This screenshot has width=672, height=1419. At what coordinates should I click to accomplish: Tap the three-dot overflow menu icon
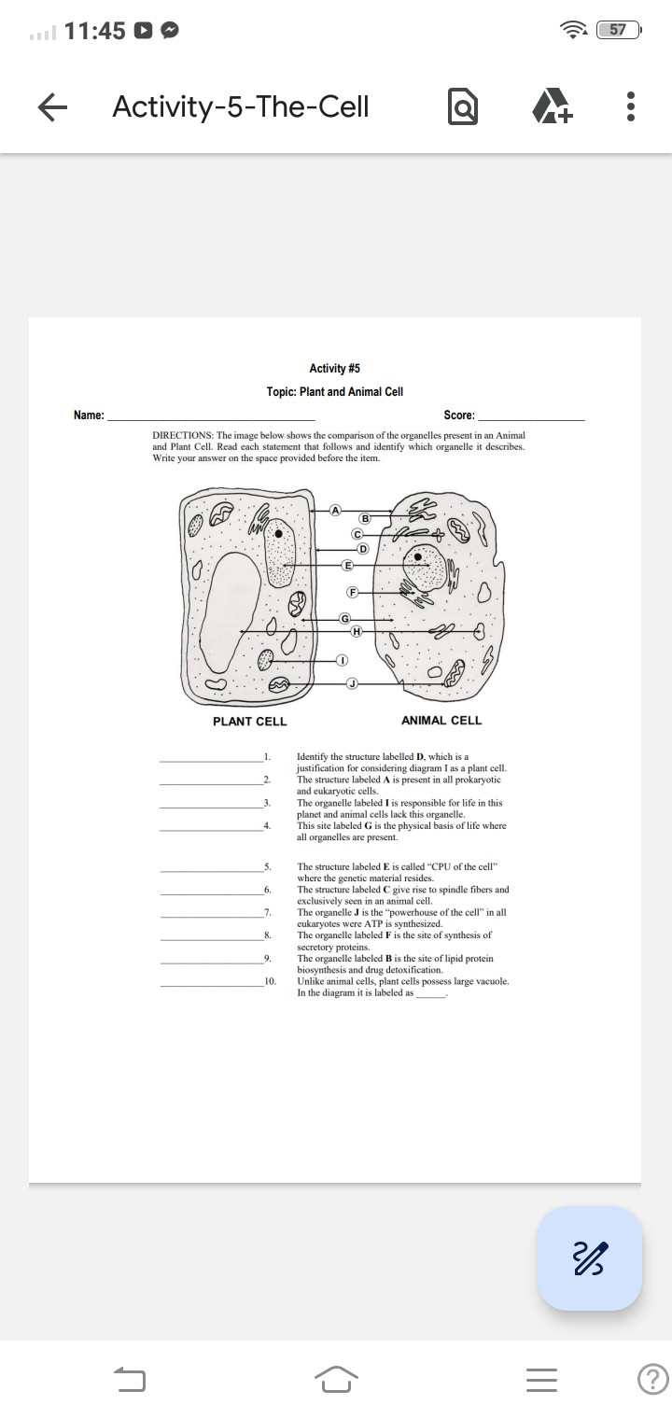coord(631,107)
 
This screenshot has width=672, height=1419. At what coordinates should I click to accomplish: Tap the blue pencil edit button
coord(589,1257)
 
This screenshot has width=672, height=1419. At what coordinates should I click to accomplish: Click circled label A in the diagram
coord(336,509)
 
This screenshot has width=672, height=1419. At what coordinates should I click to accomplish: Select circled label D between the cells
coord(363,546)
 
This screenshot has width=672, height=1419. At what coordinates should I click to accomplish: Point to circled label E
coord(348,566)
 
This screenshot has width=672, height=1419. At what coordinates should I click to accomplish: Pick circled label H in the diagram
coord(356,632)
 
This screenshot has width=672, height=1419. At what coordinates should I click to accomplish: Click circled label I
coord(342,661)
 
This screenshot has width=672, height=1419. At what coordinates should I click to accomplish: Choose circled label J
coord(352,684)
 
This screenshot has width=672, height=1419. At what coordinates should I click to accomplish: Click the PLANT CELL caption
coord(249,722)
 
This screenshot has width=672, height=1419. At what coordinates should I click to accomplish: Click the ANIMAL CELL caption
coord(441,721)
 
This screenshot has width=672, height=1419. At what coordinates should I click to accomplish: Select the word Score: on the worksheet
coord(459,415)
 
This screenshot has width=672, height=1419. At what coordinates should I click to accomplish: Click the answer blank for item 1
coord(211,759)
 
